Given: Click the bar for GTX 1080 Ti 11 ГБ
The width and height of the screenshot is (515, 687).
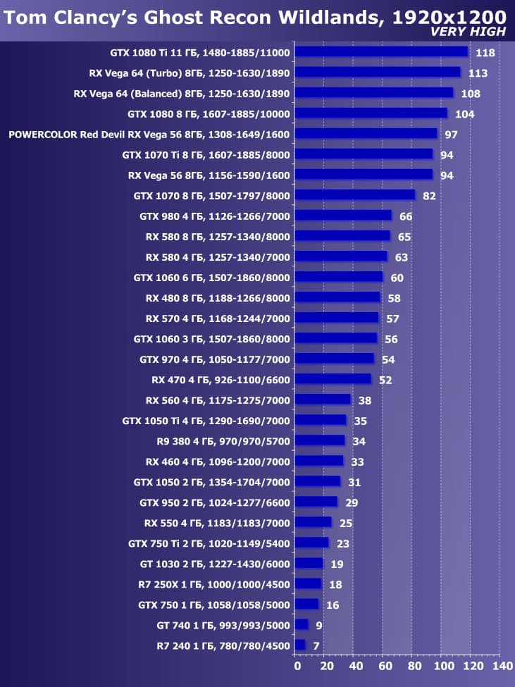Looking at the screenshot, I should (x=380, y=51).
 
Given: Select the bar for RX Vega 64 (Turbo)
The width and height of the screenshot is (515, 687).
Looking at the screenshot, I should (x=377, y=72).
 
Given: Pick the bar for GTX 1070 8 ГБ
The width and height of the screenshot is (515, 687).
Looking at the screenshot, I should (x=354, y=195).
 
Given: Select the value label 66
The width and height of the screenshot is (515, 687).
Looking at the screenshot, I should (x=405, y=216).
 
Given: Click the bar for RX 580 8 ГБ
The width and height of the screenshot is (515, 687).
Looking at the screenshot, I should (x=342, y=236).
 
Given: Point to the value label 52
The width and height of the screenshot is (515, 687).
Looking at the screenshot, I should (x=385, y=380).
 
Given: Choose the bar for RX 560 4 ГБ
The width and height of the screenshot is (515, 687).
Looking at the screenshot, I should (x=322, y=400).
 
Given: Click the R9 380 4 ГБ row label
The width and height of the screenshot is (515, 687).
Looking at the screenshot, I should (x=223, y=440).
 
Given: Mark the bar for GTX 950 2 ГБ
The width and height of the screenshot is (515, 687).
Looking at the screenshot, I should (x=316, y=502).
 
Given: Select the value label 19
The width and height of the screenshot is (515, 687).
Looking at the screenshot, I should (x=337, y=564).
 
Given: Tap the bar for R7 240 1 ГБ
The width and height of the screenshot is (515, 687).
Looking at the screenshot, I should (x=299, y=645).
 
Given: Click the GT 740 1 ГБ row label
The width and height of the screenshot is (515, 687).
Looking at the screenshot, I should (x=223, y=624).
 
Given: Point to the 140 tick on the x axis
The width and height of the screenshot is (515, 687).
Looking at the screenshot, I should (x=502, y=666).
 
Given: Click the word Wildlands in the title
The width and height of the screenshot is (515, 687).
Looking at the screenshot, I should (x=327, y=16).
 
